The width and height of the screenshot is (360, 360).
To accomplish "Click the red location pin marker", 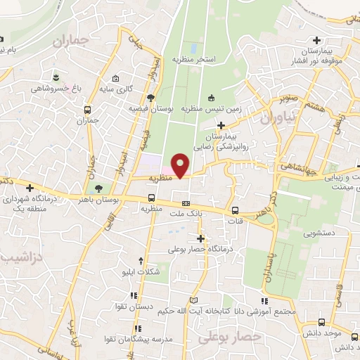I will [181, 165].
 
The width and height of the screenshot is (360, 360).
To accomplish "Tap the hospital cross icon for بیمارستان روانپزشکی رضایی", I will [221, 124].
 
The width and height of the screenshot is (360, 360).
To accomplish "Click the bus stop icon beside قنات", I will [234, 210].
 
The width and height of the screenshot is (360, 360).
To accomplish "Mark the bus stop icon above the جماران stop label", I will [87, 110].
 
